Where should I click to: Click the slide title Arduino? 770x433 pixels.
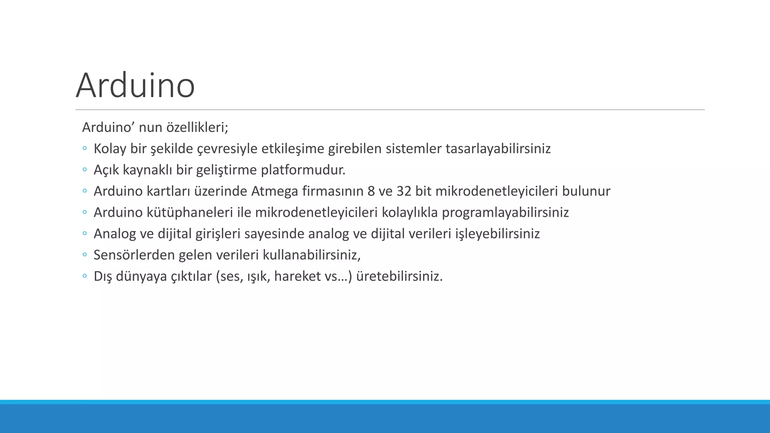(135, 86)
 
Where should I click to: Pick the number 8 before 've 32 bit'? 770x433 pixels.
(371, 191)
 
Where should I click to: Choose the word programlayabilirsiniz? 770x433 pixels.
(505, 213)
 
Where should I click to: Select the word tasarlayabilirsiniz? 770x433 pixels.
(498, 149)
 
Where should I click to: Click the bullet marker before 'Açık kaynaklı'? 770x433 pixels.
(85, 170)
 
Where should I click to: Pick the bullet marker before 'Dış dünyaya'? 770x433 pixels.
(85, 276)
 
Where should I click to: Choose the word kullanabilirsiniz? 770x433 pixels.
(311, 255)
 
